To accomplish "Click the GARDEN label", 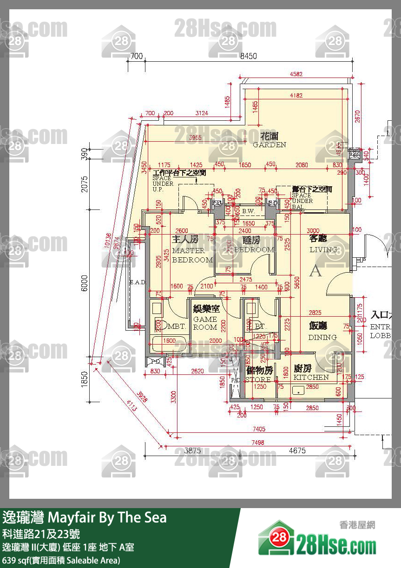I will (x=270, y=140).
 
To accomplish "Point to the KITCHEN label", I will (x=311, y=373).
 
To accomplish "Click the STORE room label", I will (x=259, y=374).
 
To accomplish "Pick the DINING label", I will (x=322, y=332).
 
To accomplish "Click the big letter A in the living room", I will (x=316, y=270).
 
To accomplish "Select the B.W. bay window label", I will (x=249, y=212).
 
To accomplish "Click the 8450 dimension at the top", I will (x=248, y=56).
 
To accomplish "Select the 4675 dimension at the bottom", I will (x=297, y=450).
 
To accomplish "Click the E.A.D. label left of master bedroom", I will (x=138, y=282).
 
